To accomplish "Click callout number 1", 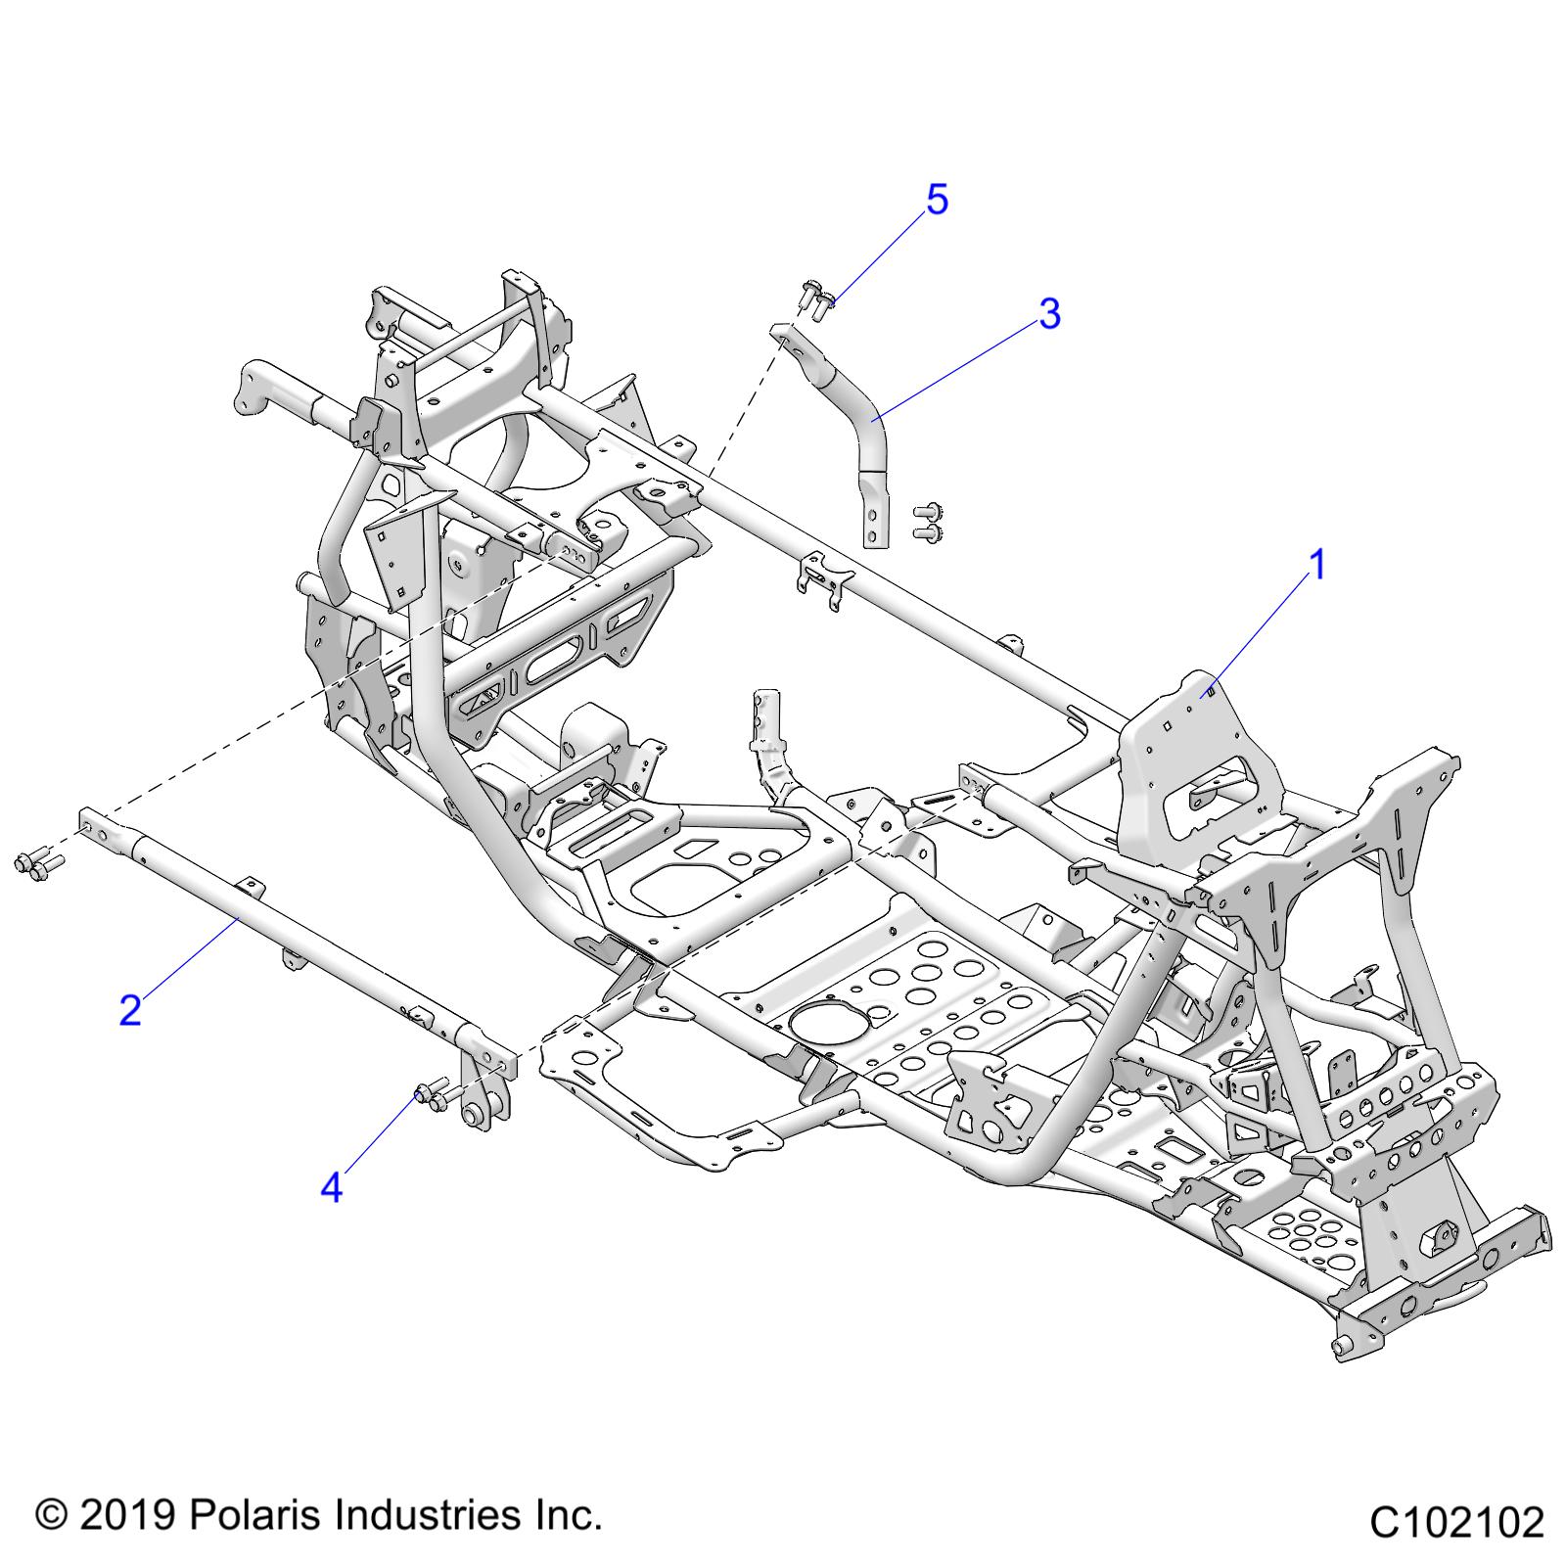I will click(1317, 565).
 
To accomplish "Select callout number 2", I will click(130, 1010).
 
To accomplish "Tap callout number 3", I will click(1049, 314).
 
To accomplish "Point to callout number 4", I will click(332, 1188).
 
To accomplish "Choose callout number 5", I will click(937, 200).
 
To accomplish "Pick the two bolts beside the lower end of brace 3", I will click(925, 522).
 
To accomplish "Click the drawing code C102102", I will click(1456, 1523).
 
